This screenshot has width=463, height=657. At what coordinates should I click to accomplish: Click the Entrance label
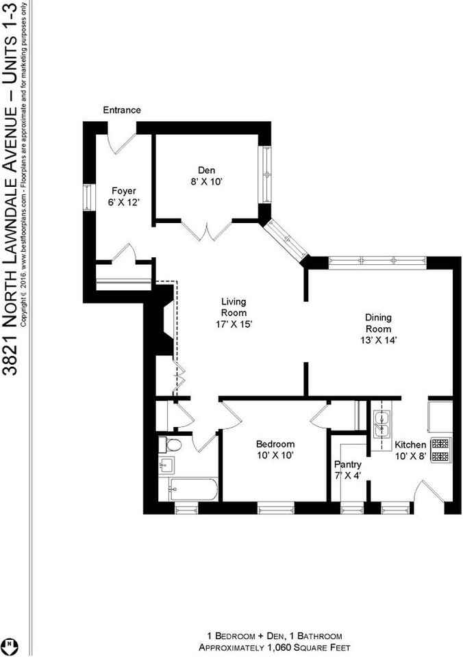[122, 110]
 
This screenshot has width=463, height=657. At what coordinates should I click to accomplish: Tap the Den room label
[206, 176]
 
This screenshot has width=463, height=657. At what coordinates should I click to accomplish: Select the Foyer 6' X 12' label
[124, 197]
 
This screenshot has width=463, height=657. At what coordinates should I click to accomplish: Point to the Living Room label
[234, 312]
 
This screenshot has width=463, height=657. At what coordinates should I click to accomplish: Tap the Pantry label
[348, 470]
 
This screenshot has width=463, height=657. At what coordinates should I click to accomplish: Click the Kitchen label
[411, 450]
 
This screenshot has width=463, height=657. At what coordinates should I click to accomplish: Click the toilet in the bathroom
[173, 446]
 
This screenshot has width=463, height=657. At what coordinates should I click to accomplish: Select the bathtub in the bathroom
[192, 490]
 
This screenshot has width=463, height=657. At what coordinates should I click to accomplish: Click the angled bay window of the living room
[286, 240]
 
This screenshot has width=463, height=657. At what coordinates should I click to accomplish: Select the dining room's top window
[378, 260]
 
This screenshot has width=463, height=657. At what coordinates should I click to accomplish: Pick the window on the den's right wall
[265, 174]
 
